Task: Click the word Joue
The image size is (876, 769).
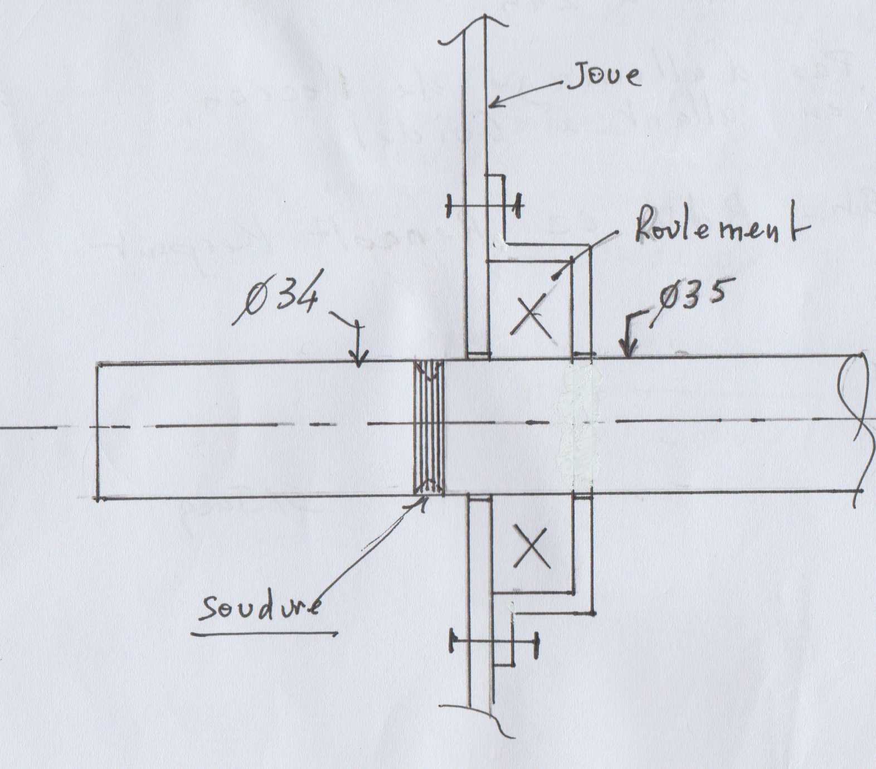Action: pos(604,76)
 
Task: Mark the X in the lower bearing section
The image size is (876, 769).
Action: pos(533,547)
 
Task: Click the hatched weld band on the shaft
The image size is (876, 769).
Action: pos(429,428)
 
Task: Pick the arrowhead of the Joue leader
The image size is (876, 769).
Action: pos(493,104)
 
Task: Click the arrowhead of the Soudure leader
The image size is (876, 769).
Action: pos(421,503)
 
